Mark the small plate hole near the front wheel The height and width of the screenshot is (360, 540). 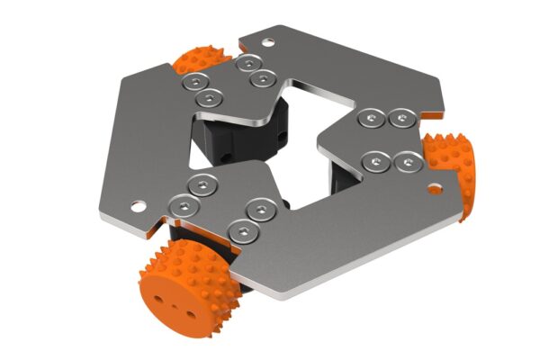(x=138, y=204)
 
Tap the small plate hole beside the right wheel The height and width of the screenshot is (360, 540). (x=435, y=190)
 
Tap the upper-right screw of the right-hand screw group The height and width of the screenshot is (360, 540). (x=401, y=116)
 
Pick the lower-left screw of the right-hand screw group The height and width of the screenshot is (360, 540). (x=377, y=161)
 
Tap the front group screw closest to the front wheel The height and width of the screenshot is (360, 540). (x=240, y=230)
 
